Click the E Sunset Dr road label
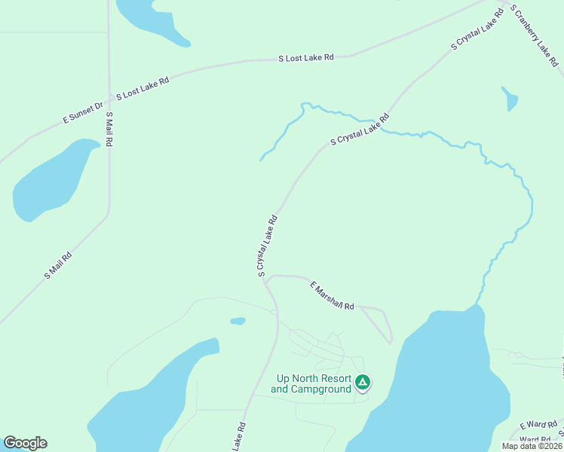click(x=82, y=114)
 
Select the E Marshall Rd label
click(x=332, y=295)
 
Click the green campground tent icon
click(x=363, y=383)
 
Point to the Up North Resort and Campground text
click(x=314, y=384)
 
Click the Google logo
click(x=25, y=443)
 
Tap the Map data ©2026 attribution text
click(x=532, y=446)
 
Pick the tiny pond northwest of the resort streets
click(x=238, y=321)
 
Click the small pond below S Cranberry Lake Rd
click(x=510, y=99)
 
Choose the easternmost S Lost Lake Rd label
click(x=305, y=57)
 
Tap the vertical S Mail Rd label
click(x=109, y=129)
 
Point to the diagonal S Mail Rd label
click(x=58, y=265)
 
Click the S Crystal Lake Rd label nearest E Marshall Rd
click(x=267, y=246)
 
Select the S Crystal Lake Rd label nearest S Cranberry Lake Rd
click(x=477, y=30)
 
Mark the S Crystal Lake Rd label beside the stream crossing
click(x=360, y=130)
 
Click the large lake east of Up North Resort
click(x=445, y=384)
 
